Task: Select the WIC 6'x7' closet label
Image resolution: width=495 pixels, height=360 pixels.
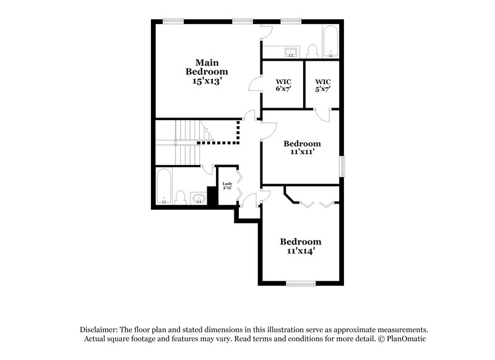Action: coord(283,85)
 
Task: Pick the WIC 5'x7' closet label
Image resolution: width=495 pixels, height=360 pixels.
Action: coord(323,85)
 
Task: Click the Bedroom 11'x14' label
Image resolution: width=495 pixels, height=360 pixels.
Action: coord(301,246)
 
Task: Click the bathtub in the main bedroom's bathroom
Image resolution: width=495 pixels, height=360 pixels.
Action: coord(330,41)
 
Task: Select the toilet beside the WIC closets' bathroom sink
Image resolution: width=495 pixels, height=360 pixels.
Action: coord(312,49)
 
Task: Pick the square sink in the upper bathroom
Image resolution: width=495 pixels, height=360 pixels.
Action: coord(291,51)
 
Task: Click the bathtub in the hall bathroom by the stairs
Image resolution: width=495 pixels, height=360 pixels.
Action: coord(164,187)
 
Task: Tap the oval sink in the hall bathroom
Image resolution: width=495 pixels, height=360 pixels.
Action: coord(198,198)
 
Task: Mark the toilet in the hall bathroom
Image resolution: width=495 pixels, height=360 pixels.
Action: coord(181,197)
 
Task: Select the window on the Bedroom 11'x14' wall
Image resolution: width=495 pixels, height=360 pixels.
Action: coord(301,284)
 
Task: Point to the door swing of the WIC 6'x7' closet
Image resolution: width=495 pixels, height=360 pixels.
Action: coord(255,86)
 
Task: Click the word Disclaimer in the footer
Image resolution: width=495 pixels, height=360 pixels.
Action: coord(99,330)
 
